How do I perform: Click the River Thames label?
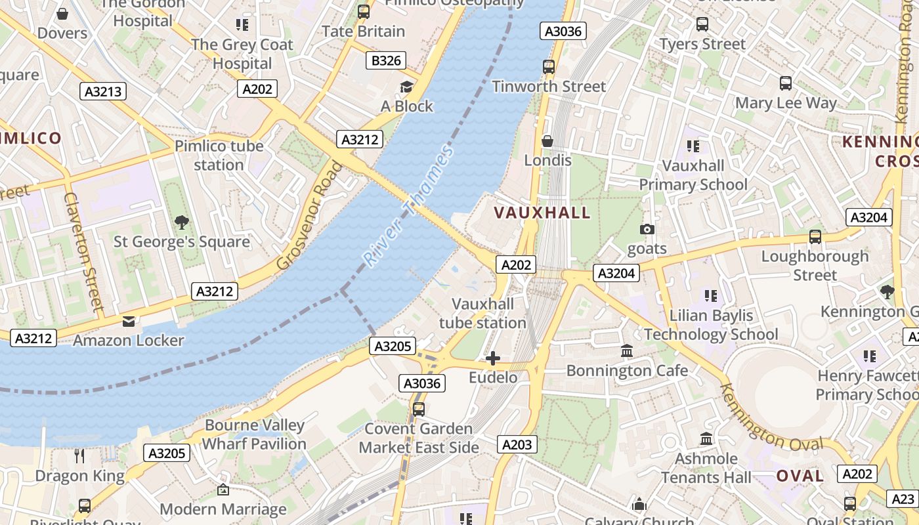pyautogui.click(x=409, y=207)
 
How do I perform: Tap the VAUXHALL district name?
pyautogui.click(x=542, y=213)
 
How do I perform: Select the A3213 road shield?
pyautogui.click(x=104, y=91)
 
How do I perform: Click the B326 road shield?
pyautogui.click(x=385, y=61)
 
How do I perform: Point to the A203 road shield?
pyautogui.click(x=517, y=444)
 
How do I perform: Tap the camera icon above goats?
pyautogui.click(x=647, y=229)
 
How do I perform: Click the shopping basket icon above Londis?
pyautogui.click(x=547, y=141)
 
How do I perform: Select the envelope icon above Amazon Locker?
pyautogui.click(x=128, y=321)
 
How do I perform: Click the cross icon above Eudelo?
pyautogui.click(x=492, y=358)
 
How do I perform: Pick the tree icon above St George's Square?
pyautogui.click(x=182, y=222)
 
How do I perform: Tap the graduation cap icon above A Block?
pyautogui.click(x=407, y=87)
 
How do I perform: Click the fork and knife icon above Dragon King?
pyautogui.click(x=79, y=455)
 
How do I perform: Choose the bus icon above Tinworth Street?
pyautogui.click(x=549, y=66)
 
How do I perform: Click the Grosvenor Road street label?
pyautogui.click(x=310, y=215)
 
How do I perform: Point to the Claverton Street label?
pyautogui.click(x=84, y=251)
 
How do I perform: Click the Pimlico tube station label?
pyautogui.click(x=219, y=155)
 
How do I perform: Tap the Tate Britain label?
pyautogui.click(x=363, y=31)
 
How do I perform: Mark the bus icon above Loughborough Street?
pyautogui.click(x=815, y=236)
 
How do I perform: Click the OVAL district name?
pyautogui.click(x=800, y=476)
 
